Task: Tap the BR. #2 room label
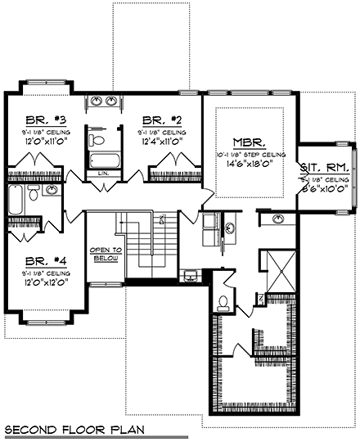pyautogui.click(x=161, y=118)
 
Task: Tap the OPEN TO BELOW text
pyautogui.click(x=105, y=254)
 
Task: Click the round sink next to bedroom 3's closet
pyautogui.click(x=52, y=191)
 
